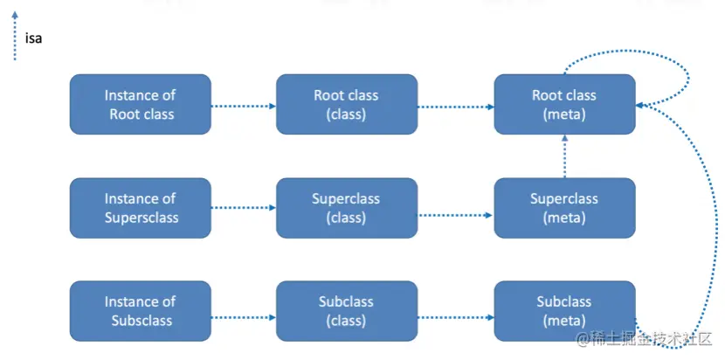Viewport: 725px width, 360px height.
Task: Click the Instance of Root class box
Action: [140, 104]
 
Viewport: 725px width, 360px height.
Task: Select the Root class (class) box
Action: [346, 104]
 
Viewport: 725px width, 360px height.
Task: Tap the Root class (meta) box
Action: [564, 104]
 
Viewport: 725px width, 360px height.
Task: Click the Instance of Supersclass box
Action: [140, 208]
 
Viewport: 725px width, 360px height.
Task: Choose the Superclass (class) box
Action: [346, 208]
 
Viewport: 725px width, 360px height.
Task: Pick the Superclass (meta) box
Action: [564, 208]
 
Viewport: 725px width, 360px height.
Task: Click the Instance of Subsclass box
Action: [140, 311]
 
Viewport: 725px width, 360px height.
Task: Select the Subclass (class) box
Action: [346, 311]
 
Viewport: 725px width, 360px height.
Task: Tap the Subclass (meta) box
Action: [564, 311]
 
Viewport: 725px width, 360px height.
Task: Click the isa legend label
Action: [34, 38]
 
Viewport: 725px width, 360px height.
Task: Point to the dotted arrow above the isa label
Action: [14, 35]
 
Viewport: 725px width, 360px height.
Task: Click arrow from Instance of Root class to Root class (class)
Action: [243, 107]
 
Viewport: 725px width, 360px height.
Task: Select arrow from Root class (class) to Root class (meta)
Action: [455, 107]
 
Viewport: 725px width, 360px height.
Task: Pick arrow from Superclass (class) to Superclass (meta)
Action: [455, 212]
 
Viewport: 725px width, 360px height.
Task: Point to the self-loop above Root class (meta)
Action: [629, 61]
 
